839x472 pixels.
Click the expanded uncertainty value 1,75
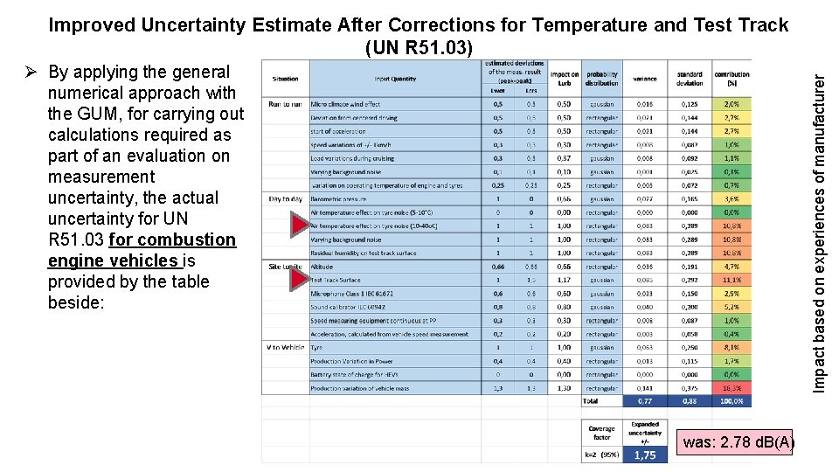pos(645,455)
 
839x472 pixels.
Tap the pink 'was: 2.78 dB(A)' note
pos(738,442)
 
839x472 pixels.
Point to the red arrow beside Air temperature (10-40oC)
pos(299,226)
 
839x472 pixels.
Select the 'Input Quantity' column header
pos(395,79)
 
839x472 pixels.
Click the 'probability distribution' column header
pos(602,79)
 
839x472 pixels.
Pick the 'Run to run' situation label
pos(285,104)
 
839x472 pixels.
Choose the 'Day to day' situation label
pos(285,198)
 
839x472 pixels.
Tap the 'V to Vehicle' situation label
pos(285,347)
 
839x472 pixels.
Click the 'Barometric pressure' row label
pos(339,198)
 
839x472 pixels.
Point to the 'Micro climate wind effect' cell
pos(346,104)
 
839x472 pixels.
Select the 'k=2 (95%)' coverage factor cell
pos(602,455)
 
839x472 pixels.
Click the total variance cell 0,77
pos(645,401)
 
